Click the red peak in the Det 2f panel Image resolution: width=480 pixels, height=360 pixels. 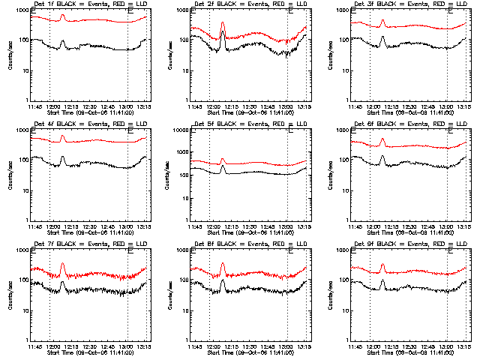click(x=223, y=23)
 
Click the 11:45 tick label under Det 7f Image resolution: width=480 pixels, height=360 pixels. click(x=34, y=346)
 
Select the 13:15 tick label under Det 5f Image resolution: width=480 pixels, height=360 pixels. click(x=304, y=226)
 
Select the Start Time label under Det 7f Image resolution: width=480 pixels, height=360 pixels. click(x=82, y=352)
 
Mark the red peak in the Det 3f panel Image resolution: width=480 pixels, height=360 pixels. click(x=382, y=22)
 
